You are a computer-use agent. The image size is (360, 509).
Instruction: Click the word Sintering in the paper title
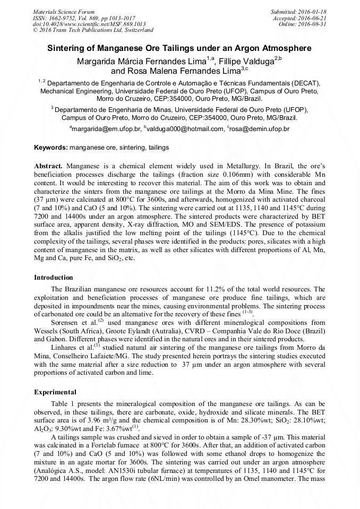66,48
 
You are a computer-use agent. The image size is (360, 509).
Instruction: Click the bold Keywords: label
51,147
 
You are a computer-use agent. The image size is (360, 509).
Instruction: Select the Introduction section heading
54,278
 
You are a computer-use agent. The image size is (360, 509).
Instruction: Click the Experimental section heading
55,392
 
